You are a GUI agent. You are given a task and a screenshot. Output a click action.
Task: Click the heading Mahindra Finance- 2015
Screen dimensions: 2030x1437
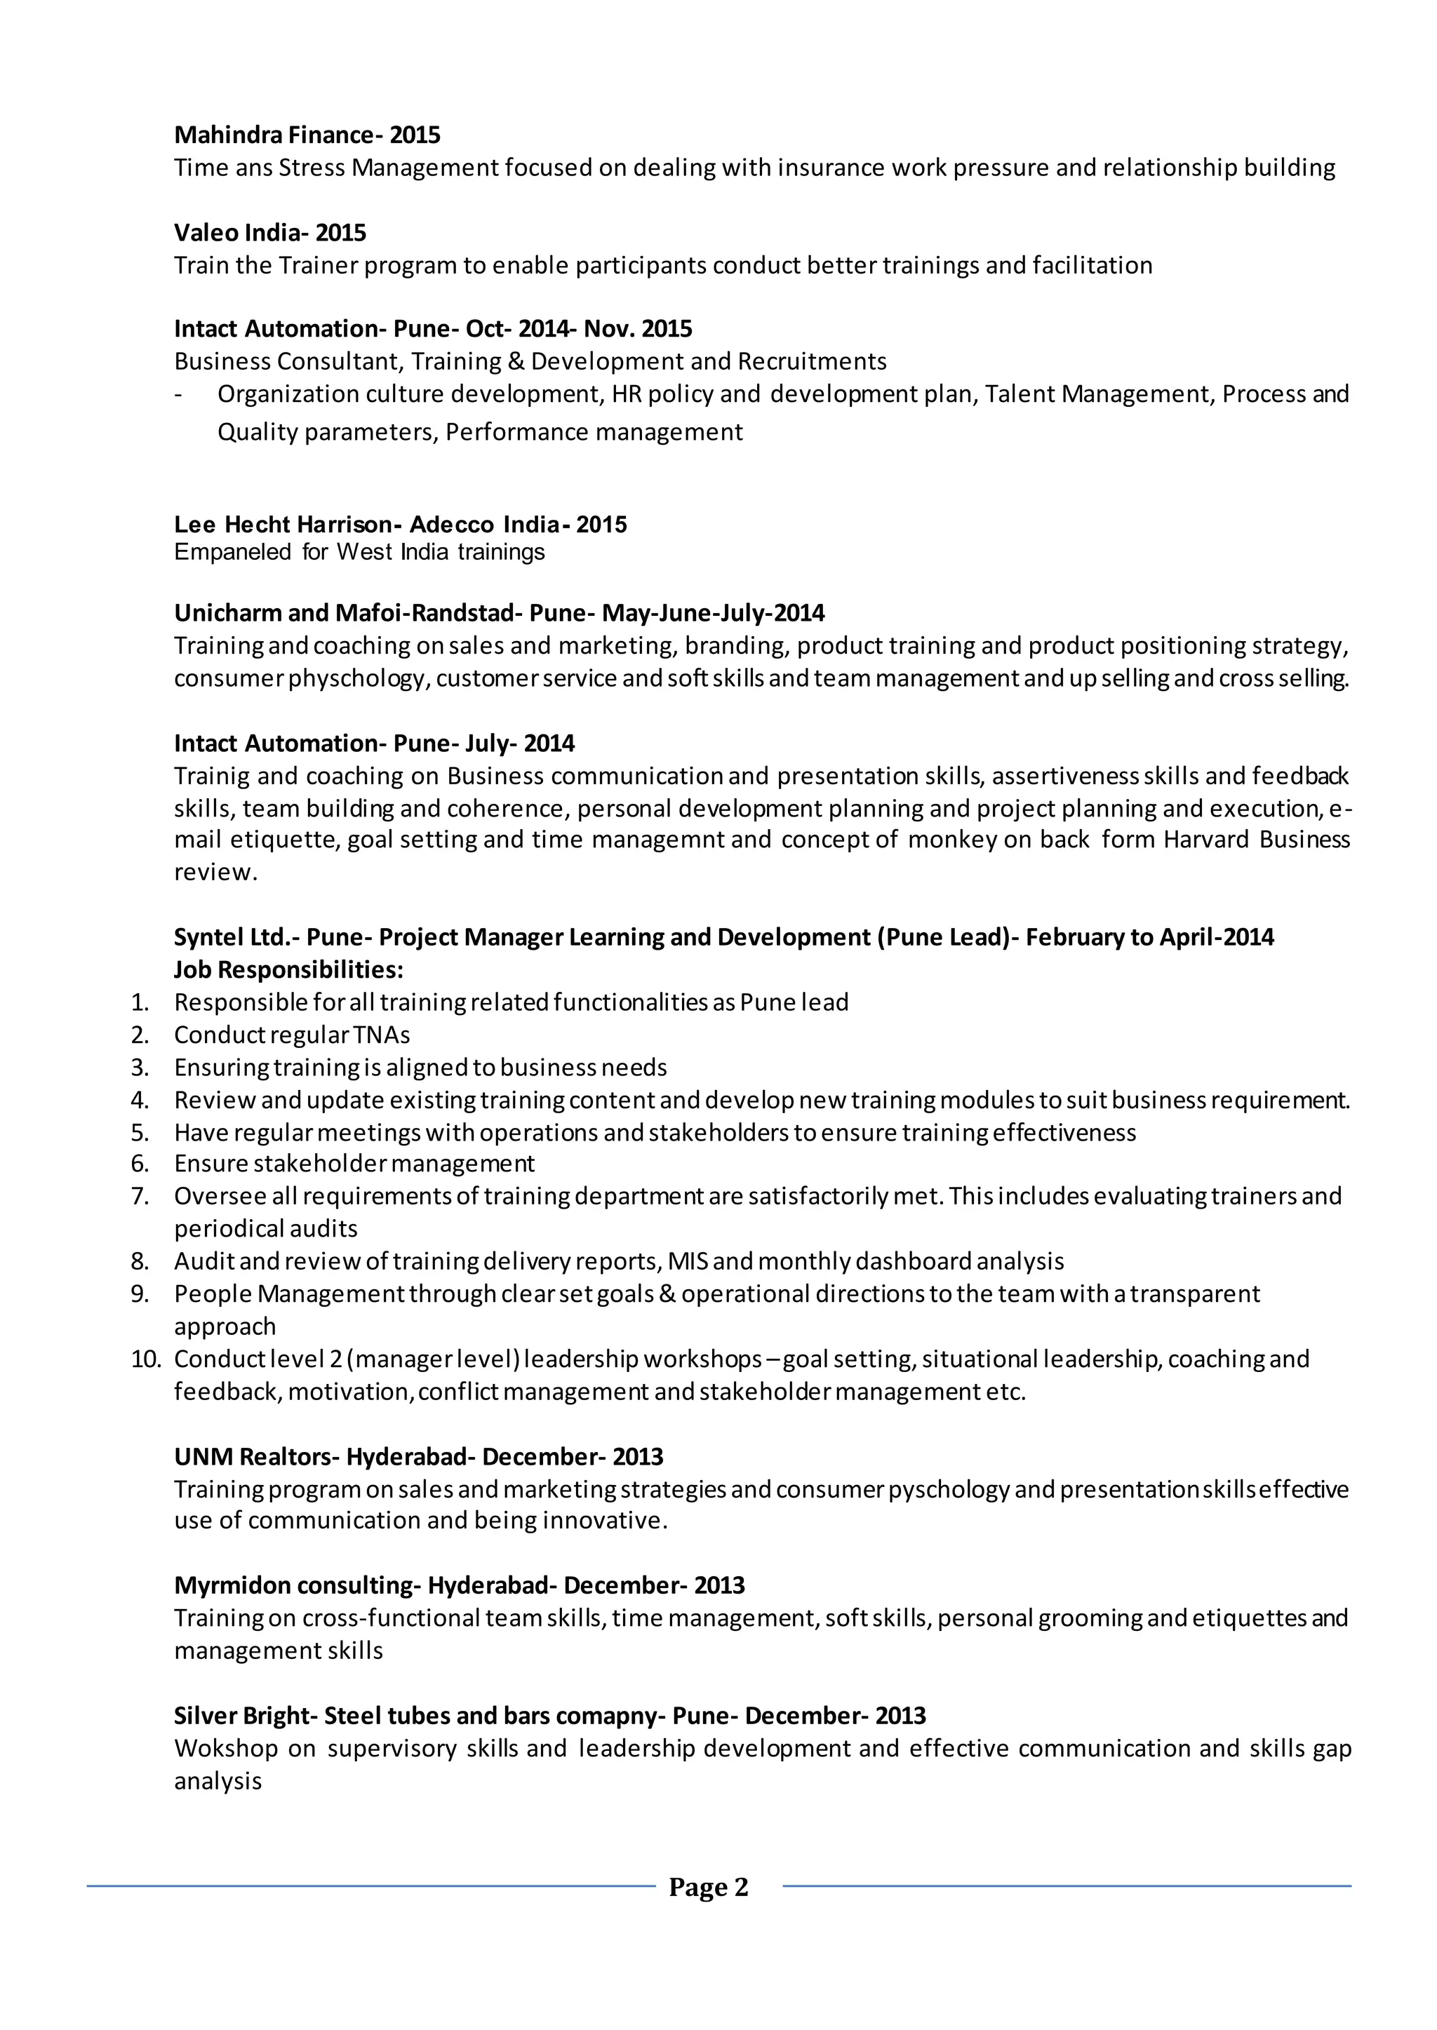(x=307, y=135)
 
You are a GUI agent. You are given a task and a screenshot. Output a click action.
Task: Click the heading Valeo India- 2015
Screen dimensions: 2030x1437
(x=270, y=233)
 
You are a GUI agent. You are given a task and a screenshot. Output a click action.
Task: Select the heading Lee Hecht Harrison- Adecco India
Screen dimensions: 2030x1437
(x=400, y=525)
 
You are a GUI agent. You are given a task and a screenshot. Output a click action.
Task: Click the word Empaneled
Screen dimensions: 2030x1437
(x=232, y=552)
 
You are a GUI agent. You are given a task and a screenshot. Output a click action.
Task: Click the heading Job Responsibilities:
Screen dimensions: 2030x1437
(x=288, y=969)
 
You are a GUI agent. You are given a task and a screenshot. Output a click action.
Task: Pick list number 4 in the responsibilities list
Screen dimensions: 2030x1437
(x=140, y=1101)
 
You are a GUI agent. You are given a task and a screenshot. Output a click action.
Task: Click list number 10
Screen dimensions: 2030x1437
(x=145, y=1359)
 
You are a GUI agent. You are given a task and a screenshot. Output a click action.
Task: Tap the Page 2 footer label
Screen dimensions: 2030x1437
(x=708, y=1888)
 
